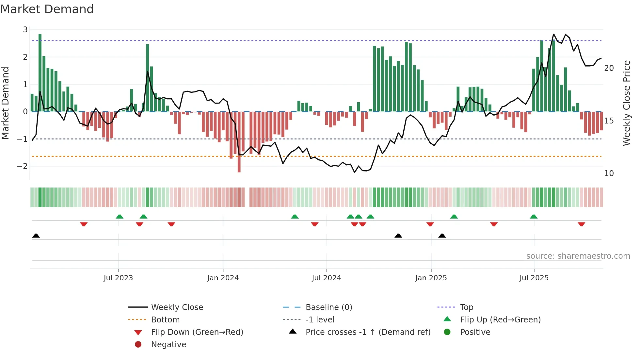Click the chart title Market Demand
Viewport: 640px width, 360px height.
pyautogui.click(x=47, y=9)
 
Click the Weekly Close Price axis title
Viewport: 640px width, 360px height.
pyautogui.click(x=626, y=103)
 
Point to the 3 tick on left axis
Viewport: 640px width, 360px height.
pyautogui.click(x=25, y=30)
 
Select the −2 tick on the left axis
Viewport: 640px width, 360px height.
pyautogui.click(x=22, y=166)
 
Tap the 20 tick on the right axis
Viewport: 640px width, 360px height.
pyautogui.click(x=609, y=68)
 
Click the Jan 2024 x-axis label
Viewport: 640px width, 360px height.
pyautogui.click(x=223, y=278)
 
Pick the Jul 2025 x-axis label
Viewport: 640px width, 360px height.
pyautogui.click(x=534, y=278)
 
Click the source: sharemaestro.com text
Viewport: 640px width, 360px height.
pyautogui.click(x=578, y=256)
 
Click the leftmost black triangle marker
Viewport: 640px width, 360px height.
pyautogui.click(x=36, y=236)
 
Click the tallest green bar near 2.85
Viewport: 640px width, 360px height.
pyautogui.click(x=40, y=72)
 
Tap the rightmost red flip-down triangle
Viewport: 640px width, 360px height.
pyautogui.click(x=581, y=224)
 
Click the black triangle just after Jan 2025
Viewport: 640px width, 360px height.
pyautogui.click(x=442, y=236)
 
